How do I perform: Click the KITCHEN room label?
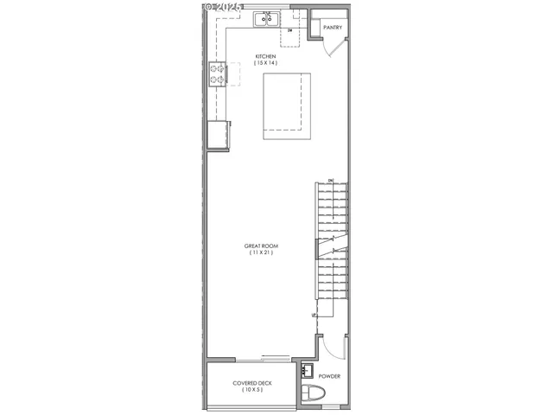[265, 57]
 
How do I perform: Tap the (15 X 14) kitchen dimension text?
[265, 64]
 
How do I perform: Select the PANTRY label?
[333, 28]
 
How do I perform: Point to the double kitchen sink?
[266, 19]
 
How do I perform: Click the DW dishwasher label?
[290, 31]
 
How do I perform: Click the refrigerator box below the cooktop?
[217, 135]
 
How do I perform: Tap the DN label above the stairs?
[330, 180]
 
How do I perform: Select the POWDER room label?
[329, 377]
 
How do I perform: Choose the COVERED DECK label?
[252, 383]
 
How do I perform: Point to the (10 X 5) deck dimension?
[252, 391]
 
